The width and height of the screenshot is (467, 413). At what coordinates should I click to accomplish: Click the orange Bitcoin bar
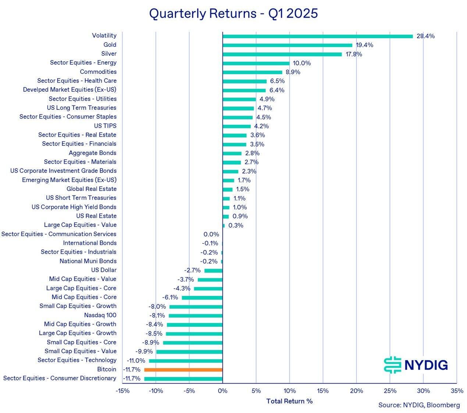[183, 370]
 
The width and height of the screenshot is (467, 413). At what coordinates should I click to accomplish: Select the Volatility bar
[318, 36]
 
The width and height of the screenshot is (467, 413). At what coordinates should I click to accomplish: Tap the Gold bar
[287, 45]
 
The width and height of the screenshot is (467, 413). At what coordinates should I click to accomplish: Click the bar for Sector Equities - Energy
[256, 63]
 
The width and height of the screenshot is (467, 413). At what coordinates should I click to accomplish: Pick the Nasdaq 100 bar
[195, 315]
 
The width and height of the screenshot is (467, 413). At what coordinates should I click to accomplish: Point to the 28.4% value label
[425, 36]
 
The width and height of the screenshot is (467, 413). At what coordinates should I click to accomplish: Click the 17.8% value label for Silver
[354, 54]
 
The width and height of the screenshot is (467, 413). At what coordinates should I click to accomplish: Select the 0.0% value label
[211, 234]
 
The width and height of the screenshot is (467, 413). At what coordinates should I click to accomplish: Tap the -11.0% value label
[136, 361]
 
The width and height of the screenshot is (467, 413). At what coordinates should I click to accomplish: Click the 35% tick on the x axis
[456, 391]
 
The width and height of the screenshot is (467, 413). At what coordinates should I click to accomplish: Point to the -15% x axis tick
[122, 391]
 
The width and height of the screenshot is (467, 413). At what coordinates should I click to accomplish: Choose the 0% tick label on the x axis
[222, 391]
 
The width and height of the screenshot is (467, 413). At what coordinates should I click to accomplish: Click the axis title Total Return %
[289, 401]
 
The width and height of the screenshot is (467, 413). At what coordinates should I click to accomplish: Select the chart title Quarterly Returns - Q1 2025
[233, 14]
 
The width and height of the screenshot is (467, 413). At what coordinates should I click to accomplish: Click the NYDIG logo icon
[392, 365]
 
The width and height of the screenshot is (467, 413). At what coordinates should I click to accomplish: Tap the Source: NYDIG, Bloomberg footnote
[419, 405]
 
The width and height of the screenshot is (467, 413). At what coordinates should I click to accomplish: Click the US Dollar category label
[104, 270]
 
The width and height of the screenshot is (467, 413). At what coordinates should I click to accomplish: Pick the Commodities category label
[98, 72]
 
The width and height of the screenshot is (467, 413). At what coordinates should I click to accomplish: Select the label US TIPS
[105, 126]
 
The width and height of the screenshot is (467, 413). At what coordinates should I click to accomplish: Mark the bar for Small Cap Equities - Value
[189, 352]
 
